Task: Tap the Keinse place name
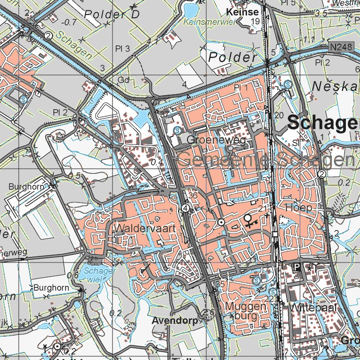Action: point(242,12)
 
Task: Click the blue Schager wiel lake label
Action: point(98,274)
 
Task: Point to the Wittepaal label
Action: point(307,308)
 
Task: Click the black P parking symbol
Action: point(296,267)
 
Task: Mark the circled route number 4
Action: point(186,208)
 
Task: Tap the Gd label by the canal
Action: point(124,80)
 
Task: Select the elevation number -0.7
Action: point(69,22)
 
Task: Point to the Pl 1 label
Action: point(240,88)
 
